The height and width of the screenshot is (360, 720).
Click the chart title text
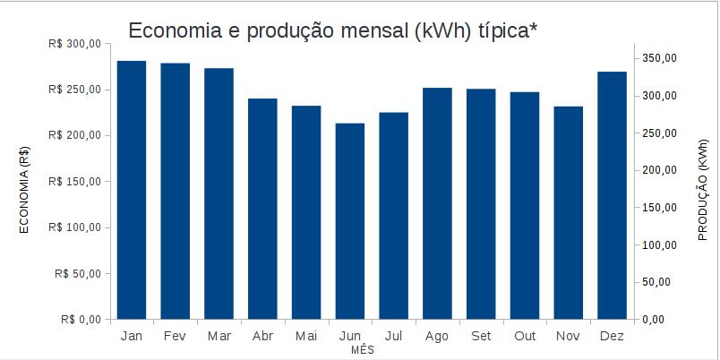[x=333, y=30]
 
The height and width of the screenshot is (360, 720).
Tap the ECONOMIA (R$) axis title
[x=25, y=189]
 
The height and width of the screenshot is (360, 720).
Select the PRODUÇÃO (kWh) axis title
[x=703, y=190]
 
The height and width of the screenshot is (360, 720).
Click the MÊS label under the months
[x=363, y=350]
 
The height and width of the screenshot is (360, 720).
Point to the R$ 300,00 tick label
[x=75, y=44]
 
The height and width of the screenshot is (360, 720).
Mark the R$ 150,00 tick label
[x=75, y=182]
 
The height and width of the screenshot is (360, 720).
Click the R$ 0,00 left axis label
[x=81, y=319]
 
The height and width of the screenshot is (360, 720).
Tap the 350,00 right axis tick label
[x=660, y=58]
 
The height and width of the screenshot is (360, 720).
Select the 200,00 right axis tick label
[x=660, y=170]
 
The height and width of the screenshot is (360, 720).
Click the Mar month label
[x=219, y=336]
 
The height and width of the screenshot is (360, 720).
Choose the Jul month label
[x=393, y=336]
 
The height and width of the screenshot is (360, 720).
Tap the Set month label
[x=481, y=336]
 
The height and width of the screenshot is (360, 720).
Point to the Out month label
[x=525, y=336]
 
